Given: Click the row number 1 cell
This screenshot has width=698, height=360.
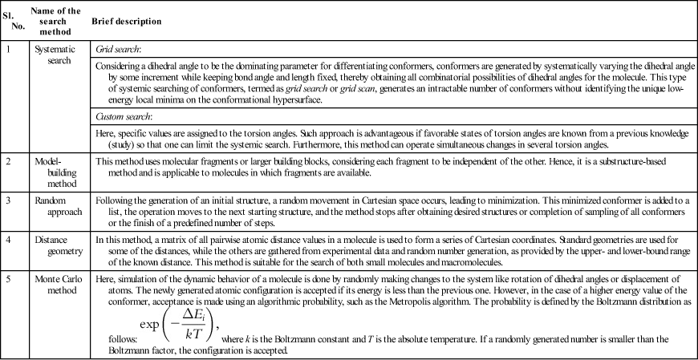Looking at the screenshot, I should [8, 49].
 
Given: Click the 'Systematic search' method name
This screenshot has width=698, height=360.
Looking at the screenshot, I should [55, 55].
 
